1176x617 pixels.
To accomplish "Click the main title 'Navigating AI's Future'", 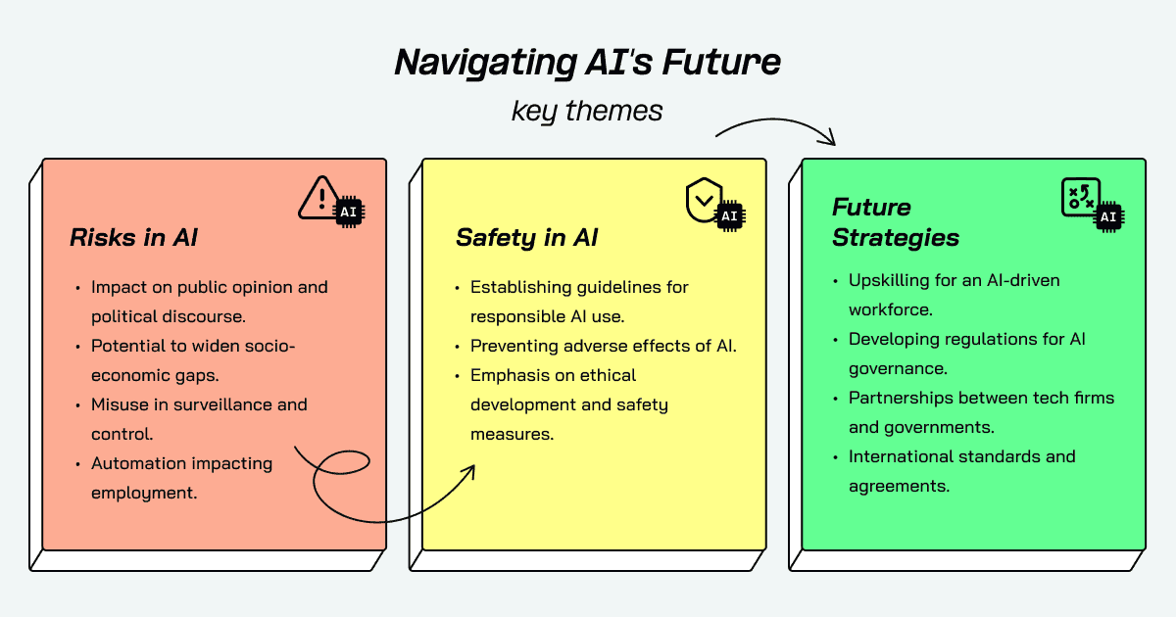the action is point(587,63).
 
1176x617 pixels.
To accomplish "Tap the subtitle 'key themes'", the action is point(587,111).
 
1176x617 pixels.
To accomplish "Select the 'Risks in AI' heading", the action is point(134,237).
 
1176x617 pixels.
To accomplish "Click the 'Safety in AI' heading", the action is point(526,238).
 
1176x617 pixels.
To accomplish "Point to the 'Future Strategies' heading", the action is point(896,222).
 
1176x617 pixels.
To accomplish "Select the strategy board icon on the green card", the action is point(1079,197).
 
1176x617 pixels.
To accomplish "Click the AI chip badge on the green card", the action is point(1108,216).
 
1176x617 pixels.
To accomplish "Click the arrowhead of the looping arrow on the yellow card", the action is point(469,471).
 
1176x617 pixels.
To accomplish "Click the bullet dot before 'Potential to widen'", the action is point(78,347).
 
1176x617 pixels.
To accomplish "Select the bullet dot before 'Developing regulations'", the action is point(836,340).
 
